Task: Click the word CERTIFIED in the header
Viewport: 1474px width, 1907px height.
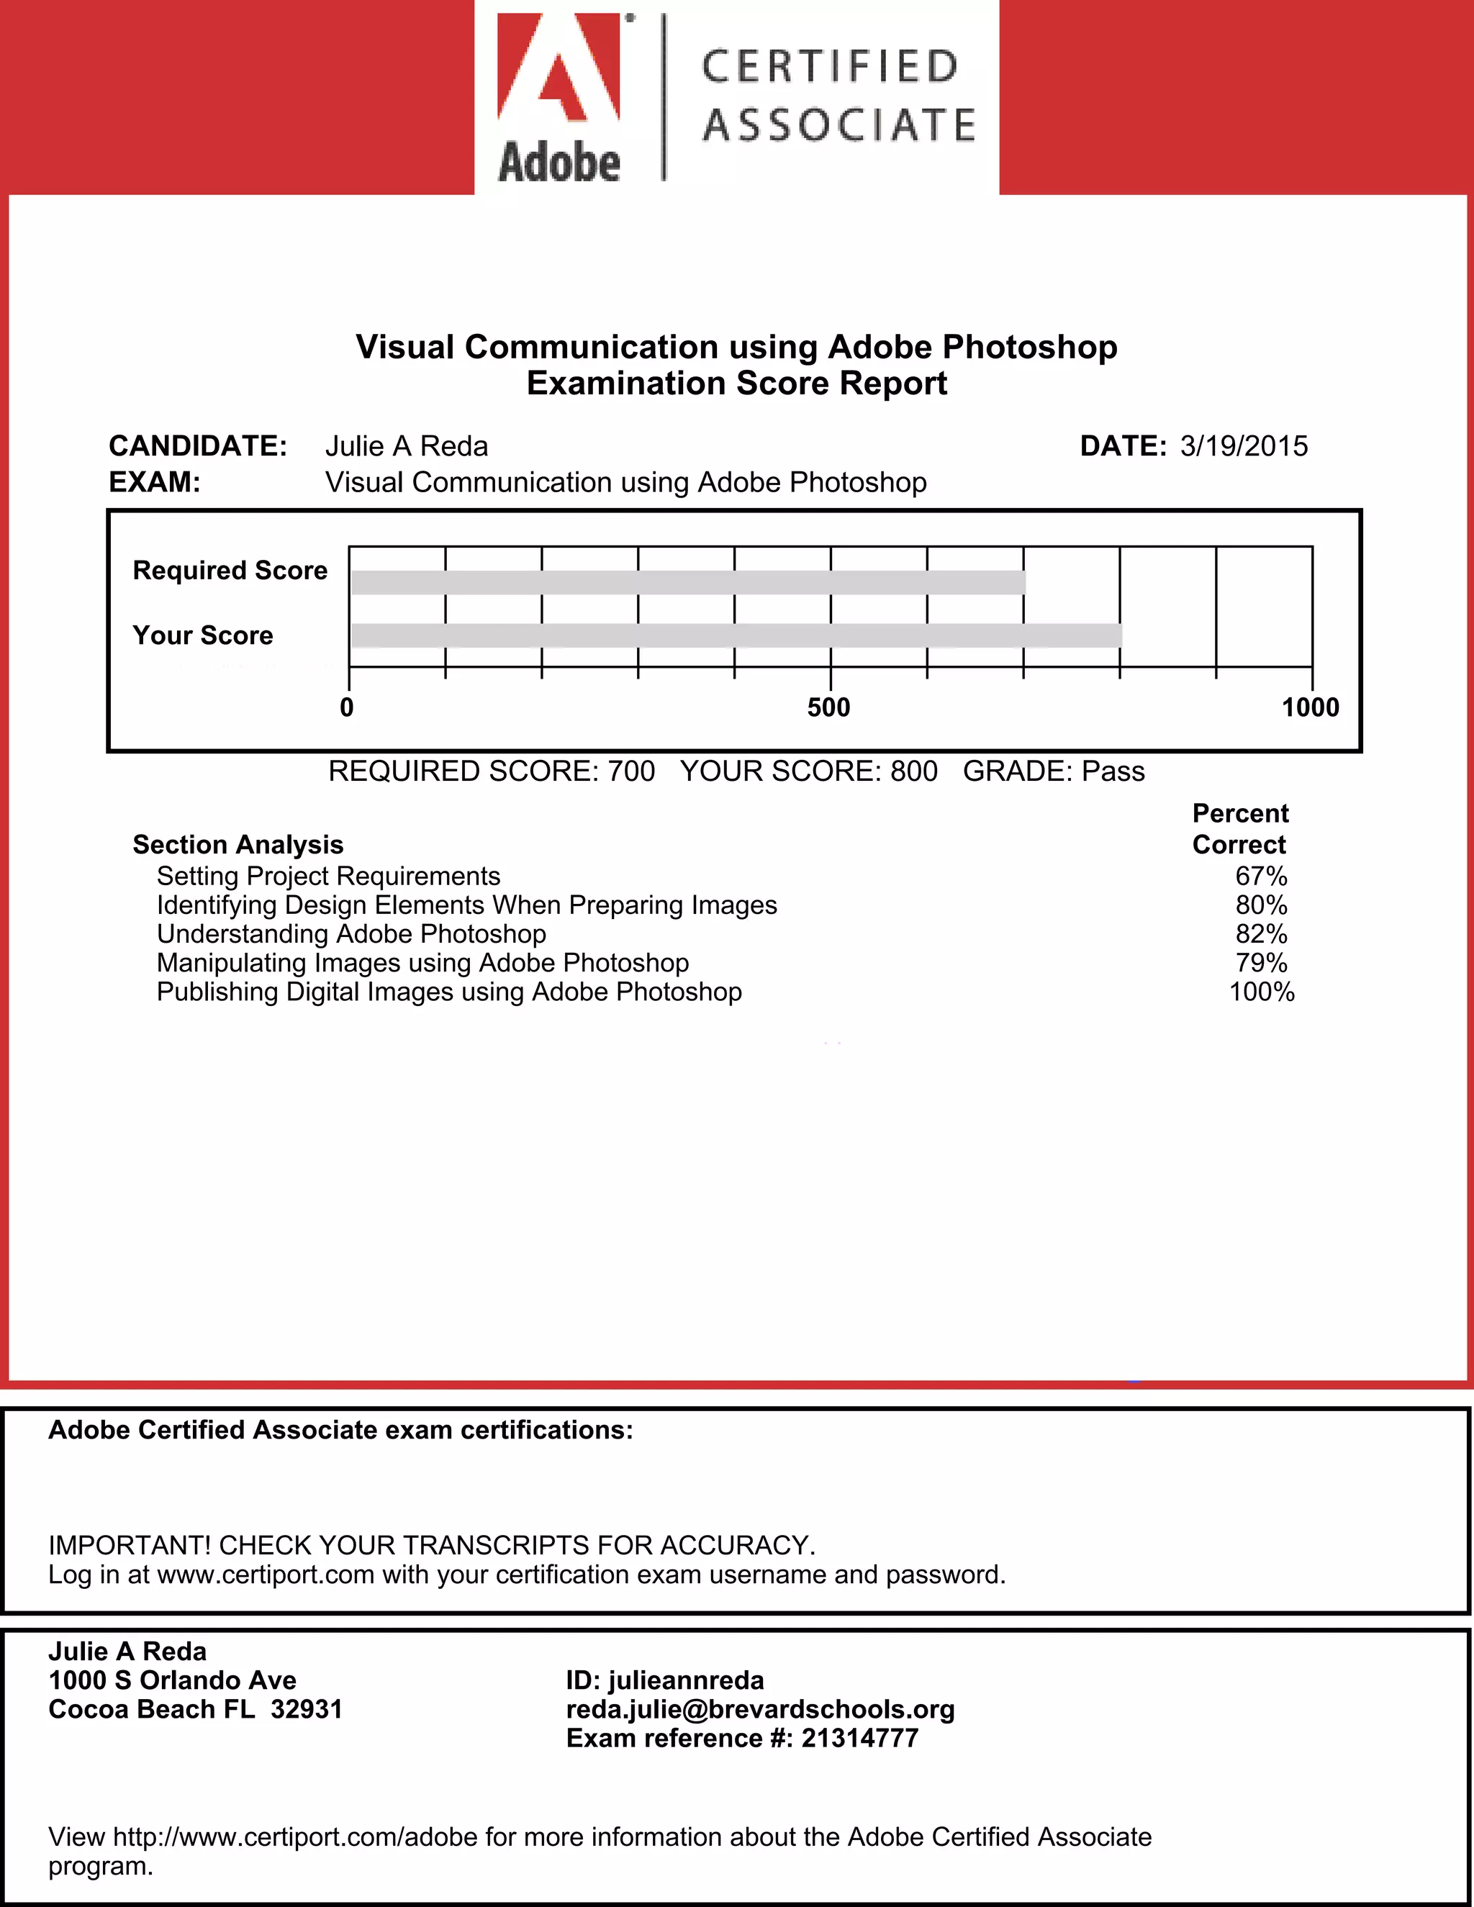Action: (x=830, y=67)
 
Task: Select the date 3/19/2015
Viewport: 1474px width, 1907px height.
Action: (x=1244, y=446)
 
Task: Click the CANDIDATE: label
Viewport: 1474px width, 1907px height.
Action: (x=197, y=446)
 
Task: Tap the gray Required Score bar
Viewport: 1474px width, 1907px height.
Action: (x=687, y=582)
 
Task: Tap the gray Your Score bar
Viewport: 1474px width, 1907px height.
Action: (x=736, y=635)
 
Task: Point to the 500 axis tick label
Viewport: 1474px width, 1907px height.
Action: (x=828, y=707)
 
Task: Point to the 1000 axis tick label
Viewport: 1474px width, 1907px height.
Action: (x=1310, y=707)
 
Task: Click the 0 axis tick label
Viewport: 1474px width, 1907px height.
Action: (x=347, y=707)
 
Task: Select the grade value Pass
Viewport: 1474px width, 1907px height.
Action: (x=1113, y=771)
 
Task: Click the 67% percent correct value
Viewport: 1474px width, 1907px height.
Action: (x=1261, y=876)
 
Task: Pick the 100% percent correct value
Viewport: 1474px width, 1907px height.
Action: (x=1261, y=992)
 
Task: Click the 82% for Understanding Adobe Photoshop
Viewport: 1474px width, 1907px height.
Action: (x=1261, y=934)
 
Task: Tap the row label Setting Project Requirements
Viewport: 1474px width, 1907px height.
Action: (x=328, y=876)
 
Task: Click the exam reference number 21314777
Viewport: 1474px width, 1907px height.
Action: (x=859, y=1738)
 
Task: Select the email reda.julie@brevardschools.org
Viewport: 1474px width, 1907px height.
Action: (x=760, y=1709)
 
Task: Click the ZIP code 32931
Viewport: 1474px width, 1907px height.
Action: (x=307, y=1709)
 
